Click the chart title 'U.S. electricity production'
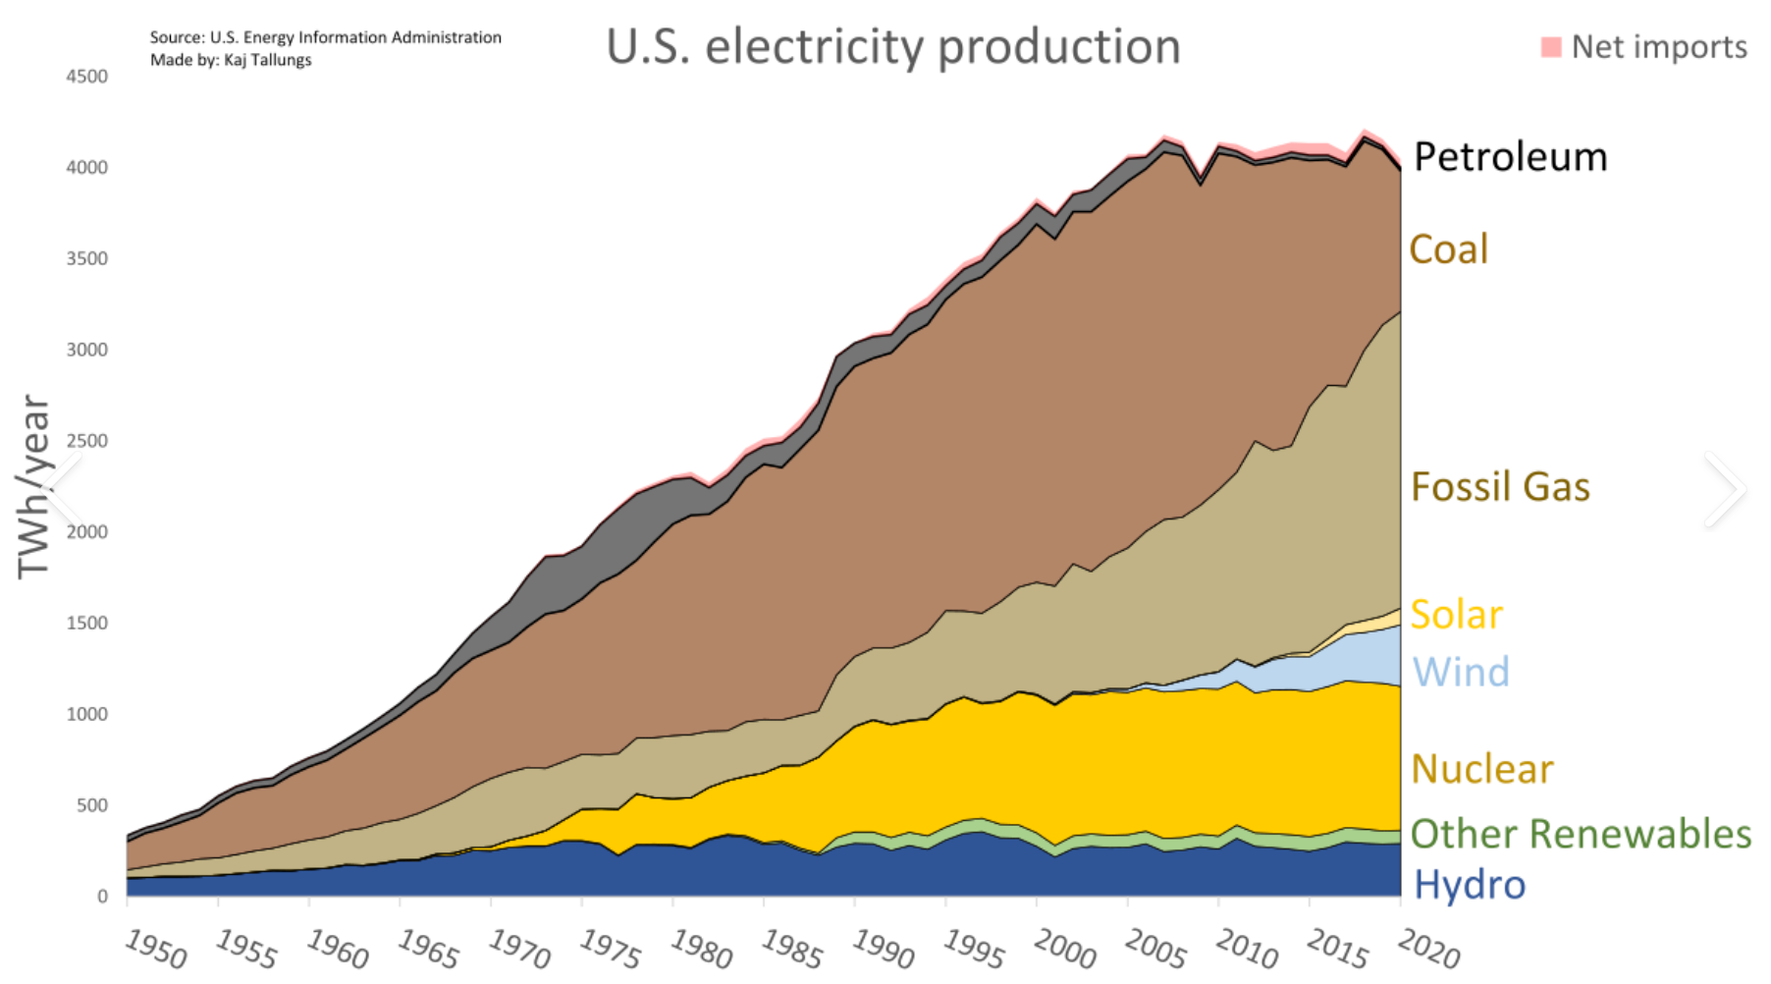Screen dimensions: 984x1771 [x=892, y=46]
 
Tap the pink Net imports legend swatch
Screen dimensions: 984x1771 [x=1551, y=47]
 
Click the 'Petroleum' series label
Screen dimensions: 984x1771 [x=1510, y=157]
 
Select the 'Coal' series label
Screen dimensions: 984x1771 [x=1448, y=249]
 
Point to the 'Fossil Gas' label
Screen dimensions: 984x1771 [x=1500, y=487]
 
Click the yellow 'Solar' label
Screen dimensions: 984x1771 [x=1456, y=615]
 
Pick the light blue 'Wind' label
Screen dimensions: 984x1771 [x=1461, y=673]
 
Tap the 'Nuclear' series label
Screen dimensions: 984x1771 [x=1482, y=769]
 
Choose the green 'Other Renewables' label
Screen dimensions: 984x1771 [x=1581, y=834]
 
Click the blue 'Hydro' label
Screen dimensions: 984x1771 [x=1470, y=885]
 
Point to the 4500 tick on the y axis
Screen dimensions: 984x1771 [x=86, y=77]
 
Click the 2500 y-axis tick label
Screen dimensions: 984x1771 [x=86, y=441]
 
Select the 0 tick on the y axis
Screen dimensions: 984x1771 [x=102, y=897]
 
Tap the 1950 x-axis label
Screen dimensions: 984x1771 [x=155, y=950]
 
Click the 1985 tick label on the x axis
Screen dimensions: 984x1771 [x=791, y=950]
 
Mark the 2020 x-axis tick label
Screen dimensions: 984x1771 [x=1428, y=950]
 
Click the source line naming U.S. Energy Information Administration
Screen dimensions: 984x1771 [x=325, y=37]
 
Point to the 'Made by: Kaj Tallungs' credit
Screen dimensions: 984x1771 [x=231, y=60]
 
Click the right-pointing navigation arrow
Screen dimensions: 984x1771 [x=1725, y=489]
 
